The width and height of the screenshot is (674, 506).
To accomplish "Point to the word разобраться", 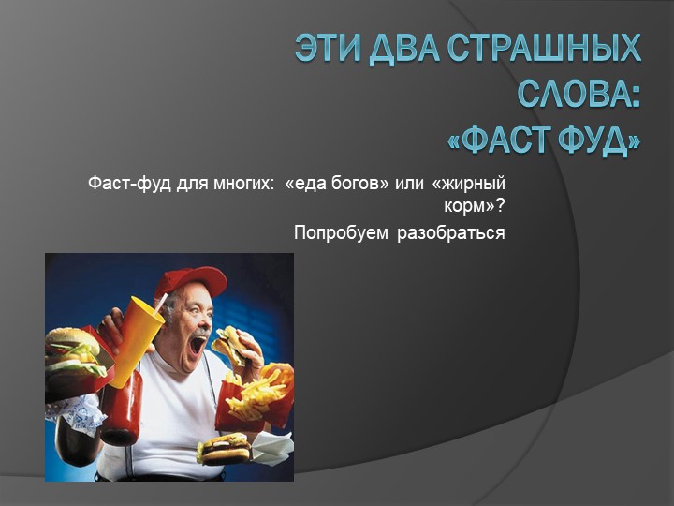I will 451,232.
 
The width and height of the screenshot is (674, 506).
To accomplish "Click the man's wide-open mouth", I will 198,343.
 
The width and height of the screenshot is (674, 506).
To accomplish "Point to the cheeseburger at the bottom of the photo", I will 225,448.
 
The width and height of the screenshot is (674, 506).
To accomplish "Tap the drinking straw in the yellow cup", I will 160,303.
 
